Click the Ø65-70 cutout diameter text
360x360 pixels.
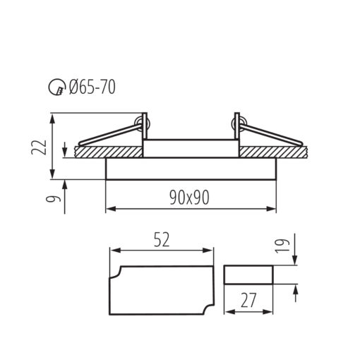point(92,87)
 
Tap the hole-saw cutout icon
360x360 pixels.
point(57,87)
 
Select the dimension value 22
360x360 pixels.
point(39,147)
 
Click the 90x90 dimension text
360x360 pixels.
point(189,198)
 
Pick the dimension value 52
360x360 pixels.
point(162,240)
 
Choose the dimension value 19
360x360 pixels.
point(282,246)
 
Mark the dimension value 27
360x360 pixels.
point(248,300)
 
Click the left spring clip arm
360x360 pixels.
point(109,135)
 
